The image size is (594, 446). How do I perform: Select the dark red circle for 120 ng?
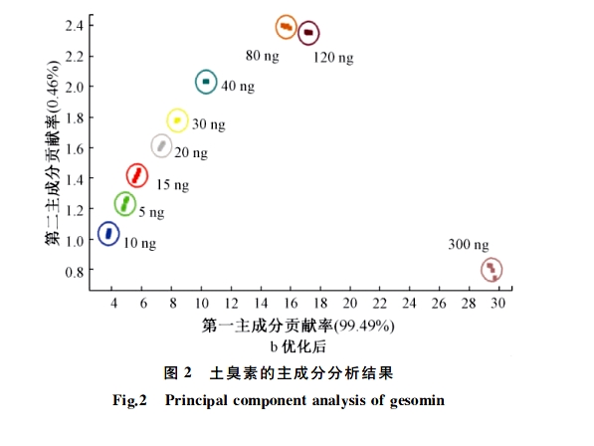point(309,33)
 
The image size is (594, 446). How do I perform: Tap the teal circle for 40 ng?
point(206,82)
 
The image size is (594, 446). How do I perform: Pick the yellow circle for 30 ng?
point(177,120)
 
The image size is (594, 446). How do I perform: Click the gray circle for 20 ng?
point(161,146)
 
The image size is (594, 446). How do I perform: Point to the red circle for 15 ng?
point(138,176)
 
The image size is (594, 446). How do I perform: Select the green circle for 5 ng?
point(124,203)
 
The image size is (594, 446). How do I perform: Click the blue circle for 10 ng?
point(109,234)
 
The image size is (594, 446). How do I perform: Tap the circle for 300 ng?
point(491,270)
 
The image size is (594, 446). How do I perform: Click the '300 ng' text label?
point(468,245)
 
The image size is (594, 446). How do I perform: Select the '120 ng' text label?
point(333,59)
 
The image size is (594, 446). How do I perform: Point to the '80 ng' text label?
point(263,54)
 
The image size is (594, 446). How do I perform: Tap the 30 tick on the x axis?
point(497,303)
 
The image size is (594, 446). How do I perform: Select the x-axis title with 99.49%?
point(298,326)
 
